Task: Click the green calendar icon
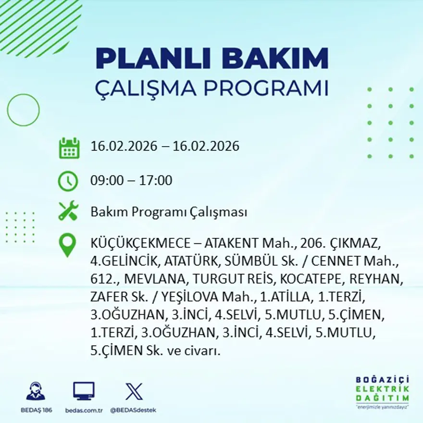click(69, 148)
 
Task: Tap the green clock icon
click(68, 181)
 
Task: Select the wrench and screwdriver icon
click(68, 211)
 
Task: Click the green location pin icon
click(67, 245)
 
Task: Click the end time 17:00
click(156, 181)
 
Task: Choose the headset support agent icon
click(36, 391)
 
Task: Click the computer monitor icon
click(84, 391)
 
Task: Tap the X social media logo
click(134, 391)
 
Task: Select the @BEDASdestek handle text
click(133, 410)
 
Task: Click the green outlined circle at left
click(23, 110)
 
